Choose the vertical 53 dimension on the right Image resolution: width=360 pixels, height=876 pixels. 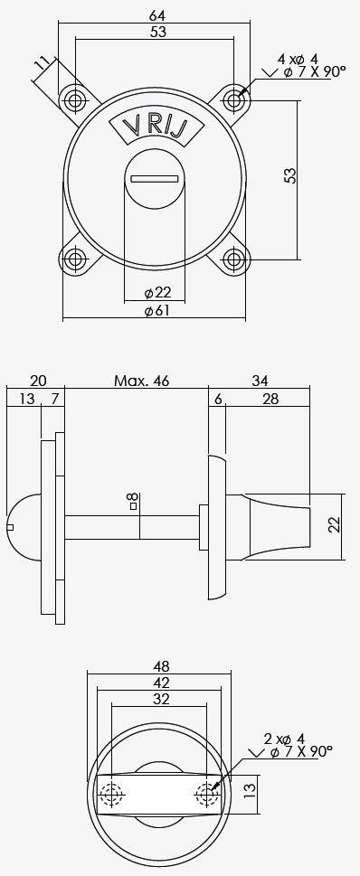pos(290,174)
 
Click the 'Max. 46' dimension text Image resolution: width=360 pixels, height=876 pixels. pos(141,381)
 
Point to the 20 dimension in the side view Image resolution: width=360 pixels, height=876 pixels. pos(37,381)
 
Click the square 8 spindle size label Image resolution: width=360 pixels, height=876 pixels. pos(132,501)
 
